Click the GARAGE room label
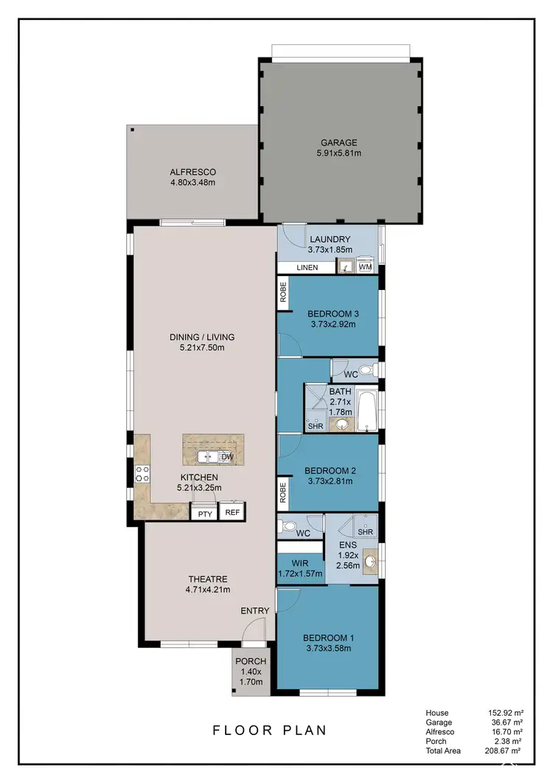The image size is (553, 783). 338,142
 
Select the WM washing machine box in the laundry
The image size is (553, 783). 365,267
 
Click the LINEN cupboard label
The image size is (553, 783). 307,267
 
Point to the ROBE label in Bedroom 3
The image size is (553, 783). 283,293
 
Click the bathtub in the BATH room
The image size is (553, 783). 366,412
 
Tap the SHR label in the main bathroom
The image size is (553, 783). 314,426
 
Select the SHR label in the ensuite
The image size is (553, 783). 365,531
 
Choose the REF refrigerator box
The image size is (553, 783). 232,511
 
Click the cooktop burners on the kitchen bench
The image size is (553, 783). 141,472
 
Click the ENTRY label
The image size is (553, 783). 254,610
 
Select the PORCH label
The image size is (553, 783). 251,660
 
